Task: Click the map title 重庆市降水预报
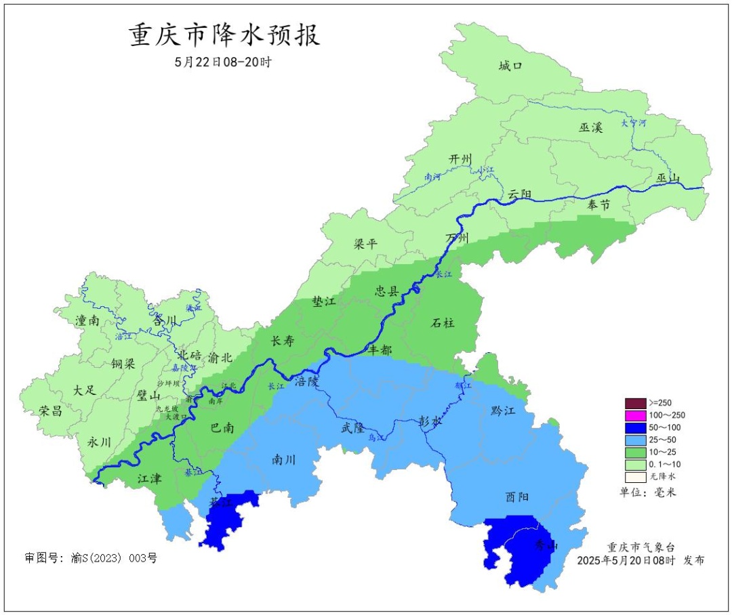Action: pos(224,36)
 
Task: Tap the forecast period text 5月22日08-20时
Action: pos(223,62)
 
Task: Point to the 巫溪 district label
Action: pos(590,127)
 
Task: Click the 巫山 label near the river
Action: pos(668,178)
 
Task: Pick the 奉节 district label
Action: pos(598,205)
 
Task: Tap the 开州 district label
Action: pos(460,158)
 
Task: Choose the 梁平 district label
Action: pos(366,244)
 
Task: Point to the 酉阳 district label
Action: pos(518,496)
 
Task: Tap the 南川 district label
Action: pos(284,459)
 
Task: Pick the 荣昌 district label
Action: pos(50,411)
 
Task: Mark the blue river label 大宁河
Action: pos(634,123)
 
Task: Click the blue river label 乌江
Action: pos(375,439)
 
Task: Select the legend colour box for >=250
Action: pos(635,403)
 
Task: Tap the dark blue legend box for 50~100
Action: pos(635,427)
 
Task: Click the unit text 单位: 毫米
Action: pos(648,492)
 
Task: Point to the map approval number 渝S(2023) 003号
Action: pos(91,559)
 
